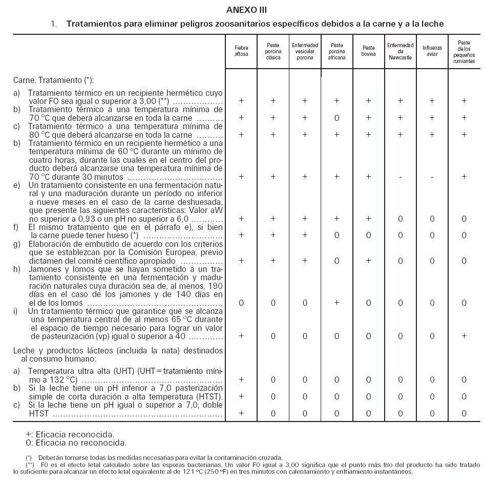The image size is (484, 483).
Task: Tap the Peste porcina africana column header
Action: (x=336, y=51)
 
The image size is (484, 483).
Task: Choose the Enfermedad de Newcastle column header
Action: (x=400, y=51)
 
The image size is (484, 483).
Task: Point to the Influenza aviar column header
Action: (x=432, y=51)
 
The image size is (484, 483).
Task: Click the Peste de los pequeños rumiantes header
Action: (x=464, y=51)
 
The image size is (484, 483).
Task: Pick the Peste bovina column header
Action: (x=368, y=51)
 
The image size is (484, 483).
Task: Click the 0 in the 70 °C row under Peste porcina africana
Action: (x=336, y=118)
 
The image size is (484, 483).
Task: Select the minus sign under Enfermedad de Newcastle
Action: (x=400, y=177)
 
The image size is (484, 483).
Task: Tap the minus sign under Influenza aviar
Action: (x=432, y=177)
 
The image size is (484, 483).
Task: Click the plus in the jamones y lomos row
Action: (x=336, y=303)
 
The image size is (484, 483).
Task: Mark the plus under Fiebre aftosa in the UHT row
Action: (x=241, y=380)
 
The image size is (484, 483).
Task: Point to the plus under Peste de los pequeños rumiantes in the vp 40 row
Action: (x=464, y=336)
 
